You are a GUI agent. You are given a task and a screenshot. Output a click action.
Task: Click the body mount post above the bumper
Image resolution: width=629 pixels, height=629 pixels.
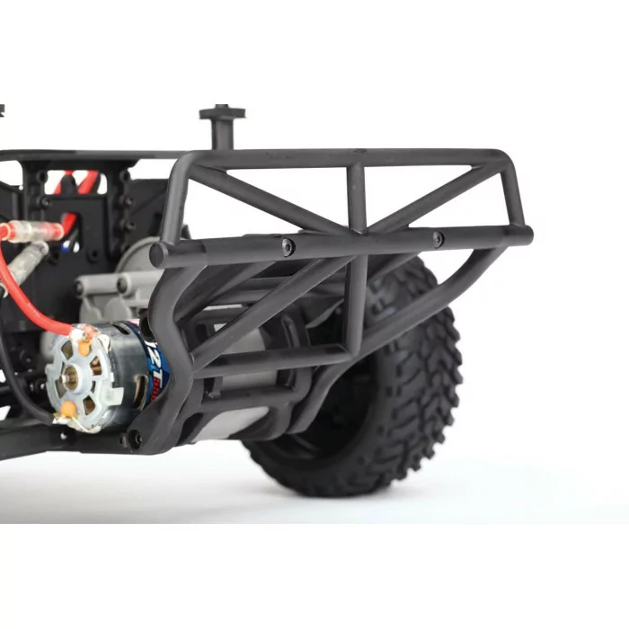tap(218, 126)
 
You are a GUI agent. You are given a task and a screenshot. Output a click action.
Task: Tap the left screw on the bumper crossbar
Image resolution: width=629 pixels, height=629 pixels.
tap(287, 245)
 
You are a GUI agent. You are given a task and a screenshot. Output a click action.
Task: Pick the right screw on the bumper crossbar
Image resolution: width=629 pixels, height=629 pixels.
tap(438, 239)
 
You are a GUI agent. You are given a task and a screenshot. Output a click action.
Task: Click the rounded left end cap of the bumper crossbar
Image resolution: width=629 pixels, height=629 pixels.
tap(158, 255)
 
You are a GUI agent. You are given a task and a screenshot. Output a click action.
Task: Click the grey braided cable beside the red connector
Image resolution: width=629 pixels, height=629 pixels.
tap(27, 261)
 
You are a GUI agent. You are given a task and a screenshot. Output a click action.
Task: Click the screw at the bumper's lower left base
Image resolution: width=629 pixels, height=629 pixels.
tap(135, 439)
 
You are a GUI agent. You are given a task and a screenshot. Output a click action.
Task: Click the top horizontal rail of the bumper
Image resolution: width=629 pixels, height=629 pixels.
tap(341, 158)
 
